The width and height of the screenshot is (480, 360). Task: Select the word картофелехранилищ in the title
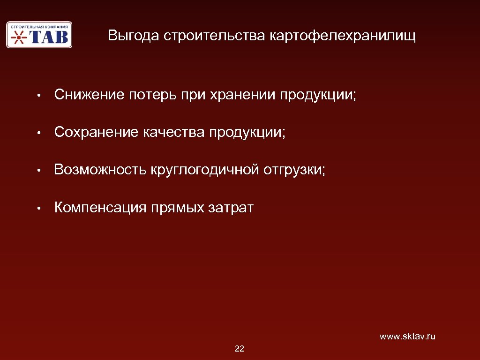point(342,36)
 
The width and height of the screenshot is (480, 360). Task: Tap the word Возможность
point(100,170)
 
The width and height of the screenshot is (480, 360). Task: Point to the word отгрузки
point(293,170)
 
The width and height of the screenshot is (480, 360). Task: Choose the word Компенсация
point(100,207)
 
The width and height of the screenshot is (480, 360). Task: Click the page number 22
point(240,349)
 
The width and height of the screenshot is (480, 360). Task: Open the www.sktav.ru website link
point(407,337)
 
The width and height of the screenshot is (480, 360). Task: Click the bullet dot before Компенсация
point(41,208)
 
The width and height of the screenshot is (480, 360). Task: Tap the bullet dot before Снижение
point(41,96)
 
